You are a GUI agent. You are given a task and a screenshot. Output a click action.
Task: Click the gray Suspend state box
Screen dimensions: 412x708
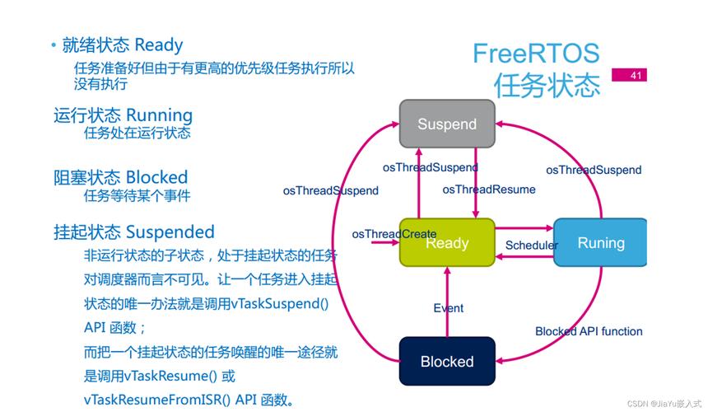point(447,124)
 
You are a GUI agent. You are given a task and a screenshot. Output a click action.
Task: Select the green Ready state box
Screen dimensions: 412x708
point(447,242)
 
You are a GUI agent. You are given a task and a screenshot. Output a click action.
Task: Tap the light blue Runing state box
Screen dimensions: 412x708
point(600,242)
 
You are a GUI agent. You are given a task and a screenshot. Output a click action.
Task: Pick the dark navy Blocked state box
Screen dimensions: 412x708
point(447,361)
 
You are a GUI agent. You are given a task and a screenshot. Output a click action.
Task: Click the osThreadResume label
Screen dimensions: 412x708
point(488,190)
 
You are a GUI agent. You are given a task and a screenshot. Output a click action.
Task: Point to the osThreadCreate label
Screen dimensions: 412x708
point(394,234)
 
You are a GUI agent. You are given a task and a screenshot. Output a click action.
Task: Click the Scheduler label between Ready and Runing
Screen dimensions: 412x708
point(531,245)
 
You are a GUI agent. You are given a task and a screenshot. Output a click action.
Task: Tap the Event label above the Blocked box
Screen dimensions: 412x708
point(448,308)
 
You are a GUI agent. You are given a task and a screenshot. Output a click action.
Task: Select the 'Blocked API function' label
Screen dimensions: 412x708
point(589,331)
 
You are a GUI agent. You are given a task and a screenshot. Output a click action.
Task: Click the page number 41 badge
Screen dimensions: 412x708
point(635,76)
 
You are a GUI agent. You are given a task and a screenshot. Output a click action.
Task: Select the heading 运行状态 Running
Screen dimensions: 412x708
point(123,115)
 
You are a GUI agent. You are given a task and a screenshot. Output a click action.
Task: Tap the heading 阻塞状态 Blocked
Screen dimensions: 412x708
point(121,177)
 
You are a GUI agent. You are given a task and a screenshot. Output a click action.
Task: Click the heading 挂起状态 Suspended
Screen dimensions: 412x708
point(134,232)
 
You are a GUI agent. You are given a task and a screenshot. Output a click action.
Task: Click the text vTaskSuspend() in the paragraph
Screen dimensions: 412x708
point(280,303)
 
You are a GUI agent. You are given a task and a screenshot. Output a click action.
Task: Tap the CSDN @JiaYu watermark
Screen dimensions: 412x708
point(664,404)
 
